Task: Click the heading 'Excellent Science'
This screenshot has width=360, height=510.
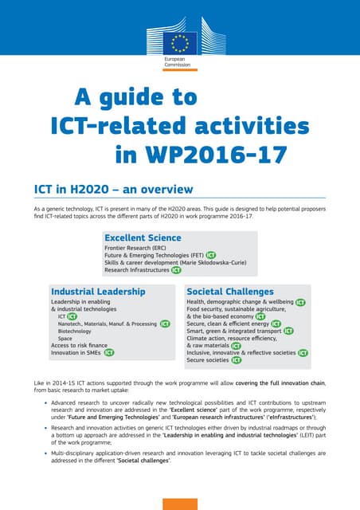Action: (x=143, y=237)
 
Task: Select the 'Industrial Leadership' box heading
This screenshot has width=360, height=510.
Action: (x=98, y=292)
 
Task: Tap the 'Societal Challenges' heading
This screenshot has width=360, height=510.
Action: (x=230, y=292)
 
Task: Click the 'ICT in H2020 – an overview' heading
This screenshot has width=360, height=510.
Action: (x=113, y=189)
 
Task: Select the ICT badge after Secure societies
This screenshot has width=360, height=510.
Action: (x=237, y=360)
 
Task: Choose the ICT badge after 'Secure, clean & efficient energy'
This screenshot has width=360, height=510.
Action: (x=276, y=324)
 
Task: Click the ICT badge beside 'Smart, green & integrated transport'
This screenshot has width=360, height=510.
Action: (x=289, y=331)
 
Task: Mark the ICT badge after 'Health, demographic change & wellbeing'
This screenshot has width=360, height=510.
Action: (x=300, y=303)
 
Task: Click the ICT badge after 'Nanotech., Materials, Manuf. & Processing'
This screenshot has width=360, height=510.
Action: (x=165, y=324)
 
